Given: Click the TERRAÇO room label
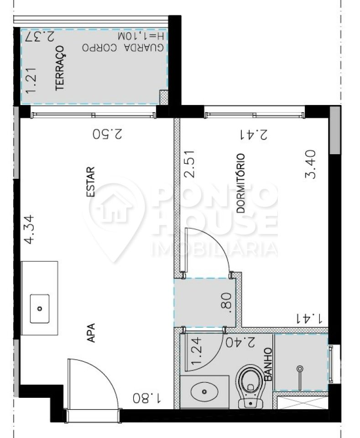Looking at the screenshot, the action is coord(60,68).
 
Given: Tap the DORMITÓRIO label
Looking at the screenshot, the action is coord(241,183).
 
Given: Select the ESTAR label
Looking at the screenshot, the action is coord(91,182).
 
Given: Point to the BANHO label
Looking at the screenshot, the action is coord(268,364).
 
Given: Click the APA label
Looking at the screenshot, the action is coord(91,333).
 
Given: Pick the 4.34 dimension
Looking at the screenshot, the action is coord(30,229).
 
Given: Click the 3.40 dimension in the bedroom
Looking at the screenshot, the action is coord(311,164).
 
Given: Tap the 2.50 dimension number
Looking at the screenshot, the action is coord(108,134).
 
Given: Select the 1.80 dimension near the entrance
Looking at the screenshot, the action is coord(147,398).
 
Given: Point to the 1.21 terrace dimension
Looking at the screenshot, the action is coord(31,80).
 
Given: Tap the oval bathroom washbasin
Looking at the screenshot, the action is coord(204,392).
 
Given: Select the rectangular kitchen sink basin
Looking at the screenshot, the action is coord(40,309).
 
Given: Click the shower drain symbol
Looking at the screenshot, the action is coord(300,369).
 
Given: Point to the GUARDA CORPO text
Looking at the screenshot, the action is coord(123,47).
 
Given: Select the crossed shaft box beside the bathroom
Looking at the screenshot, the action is coord(302,403).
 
